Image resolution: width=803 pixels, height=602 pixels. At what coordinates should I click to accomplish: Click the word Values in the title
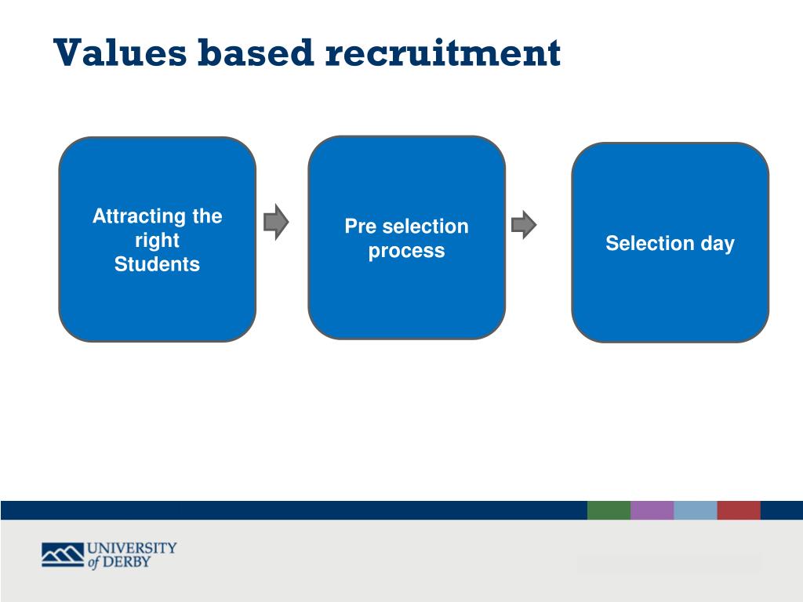click(120, 53)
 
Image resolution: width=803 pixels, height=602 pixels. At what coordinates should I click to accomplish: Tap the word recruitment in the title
click(443, 53)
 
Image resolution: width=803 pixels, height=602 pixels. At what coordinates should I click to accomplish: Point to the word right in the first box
click(157, 241)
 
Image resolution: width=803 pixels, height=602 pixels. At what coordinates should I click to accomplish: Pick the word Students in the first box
click(157, 265)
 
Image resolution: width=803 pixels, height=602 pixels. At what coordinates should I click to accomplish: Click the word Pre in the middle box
click(361, 227)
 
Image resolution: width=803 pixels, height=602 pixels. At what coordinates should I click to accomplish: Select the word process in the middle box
click(406, 252)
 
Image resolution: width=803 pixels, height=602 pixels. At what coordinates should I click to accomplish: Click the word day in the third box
click(718, 244)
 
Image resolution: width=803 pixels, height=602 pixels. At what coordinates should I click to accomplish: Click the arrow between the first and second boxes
click(276, 223)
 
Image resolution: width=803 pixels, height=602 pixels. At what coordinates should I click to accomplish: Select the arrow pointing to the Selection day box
click(524, 225)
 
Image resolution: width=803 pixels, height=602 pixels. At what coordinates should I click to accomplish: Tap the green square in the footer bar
click(609, 510)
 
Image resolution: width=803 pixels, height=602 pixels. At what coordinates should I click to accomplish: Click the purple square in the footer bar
click(652, 510)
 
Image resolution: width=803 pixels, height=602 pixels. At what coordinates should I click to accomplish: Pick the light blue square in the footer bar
click(695, 510)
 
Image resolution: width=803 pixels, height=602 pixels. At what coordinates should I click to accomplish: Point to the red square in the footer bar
click(738, 510)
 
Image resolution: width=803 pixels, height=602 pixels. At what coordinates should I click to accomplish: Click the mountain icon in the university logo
click(62, 554)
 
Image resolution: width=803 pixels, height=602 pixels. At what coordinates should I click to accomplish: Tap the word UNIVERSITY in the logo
click(132, 547)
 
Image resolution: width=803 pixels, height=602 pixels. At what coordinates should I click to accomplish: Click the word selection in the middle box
click(425, 227)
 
